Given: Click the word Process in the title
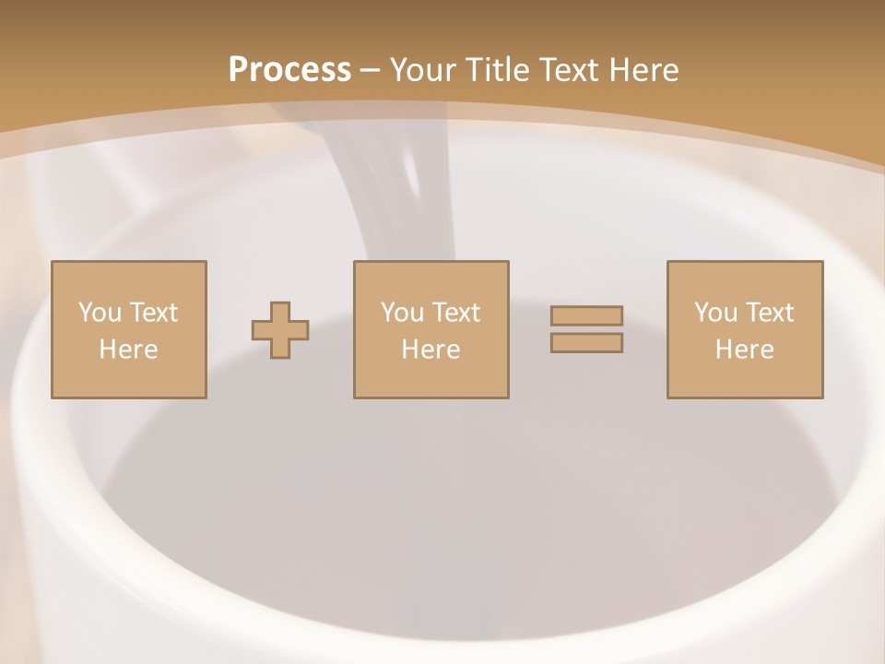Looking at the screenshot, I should pyautogui.click(x=289, y=70).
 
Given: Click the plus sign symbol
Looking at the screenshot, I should pyautogui.click(x=280, y=330).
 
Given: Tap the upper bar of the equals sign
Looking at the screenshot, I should pyautogui.click(x=586, y=315).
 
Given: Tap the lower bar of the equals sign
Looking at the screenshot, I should pyautogui.click(x=586, y=342).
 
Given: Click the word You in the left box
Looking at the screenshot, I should pyautogui.click(x=100, y=313).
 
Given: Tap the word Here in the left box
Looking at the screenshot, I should pyautogui.click(x=128, y=350).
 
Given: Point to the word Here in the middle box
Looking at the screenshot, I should pyautogui.click(x=431, y=350).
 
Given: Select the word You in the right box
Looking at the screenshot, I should pyautogui.click(x=715, y=313).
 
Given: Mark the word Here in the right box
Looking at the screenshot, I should pyautogui.click(x=744, y=350).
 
